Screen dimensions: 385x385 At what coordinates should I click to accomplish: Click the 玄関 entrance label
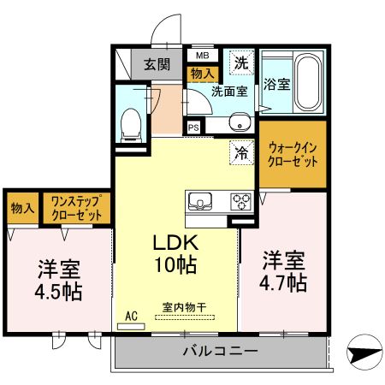[x=156, y=64]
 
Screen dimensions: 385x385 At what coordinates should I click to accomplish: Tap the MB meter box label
[x=202, y=56]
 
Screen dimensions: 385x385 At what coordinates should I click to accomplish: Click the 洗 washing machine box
[x=241, y=62]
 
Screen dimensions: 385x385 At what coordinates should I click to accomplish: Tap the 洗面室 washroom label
[x=228, y=90]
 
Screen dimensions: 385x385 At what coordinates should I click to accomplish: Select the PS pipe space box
[x=194, y=127]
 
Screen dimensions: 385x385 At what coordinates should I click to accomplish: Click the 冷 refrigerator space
[x=241, y=153]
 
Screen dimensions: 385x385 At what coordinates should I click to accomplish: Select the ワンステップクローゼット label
[x=77, y=208]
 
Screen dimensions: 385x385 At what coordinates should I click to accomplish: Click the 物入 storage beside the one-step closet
[x=22, y=208]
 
